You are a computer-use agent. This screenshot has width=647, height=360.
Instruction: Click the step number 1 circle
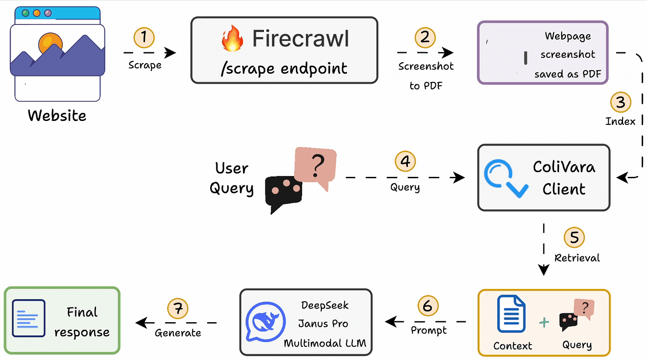[x=144, y=38]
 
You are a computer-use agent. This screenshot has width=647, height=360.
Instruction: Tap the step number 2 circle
[x=425, y=38]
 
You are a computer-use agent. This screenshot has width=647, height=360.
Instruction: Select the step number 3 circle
[x=620, y=102]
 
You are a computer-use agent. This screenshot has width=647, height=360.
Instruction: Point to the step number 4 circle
[x=405, y=161]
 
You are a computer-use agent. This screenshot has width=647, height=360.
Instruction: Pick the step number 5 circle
[x=574, y=237]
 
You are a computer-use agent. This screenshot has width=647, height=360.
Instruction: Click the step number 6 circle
[x=428, y=306]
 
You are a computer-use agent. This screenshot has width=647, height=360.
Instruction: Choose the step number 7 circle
[x=178, y=308]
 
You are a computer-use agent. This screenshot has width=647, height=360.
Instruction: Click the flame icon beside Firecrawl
[x=232, y=38]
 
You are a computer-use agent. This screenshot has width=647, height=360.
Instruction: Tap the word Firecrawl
[x=301, y=38]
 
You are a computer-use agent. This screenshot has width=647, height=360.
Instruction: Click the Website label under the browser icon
[x=57, y=116]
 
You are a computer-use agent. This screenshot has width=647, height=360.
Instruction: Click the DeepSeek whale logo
[x=265, y=322]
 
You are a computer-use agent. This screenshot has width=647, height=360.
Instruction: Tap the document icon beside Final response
[x=28, y=318]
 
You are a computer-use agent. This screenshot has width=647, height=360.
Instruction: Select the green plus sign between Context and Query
[x=544, y=322]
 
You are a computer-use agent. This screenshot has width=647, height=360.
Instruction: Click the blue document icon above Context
[x=511, y=313]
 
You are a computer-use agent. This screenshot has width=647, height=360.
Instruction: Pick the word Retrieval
[x=577, y=258]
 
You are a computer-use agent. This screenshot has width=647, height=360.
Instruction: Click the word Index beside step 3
[x=620, y=121]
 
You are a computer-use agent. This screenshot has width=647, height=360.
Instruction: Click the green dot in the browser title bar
[x=25, y=13]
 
